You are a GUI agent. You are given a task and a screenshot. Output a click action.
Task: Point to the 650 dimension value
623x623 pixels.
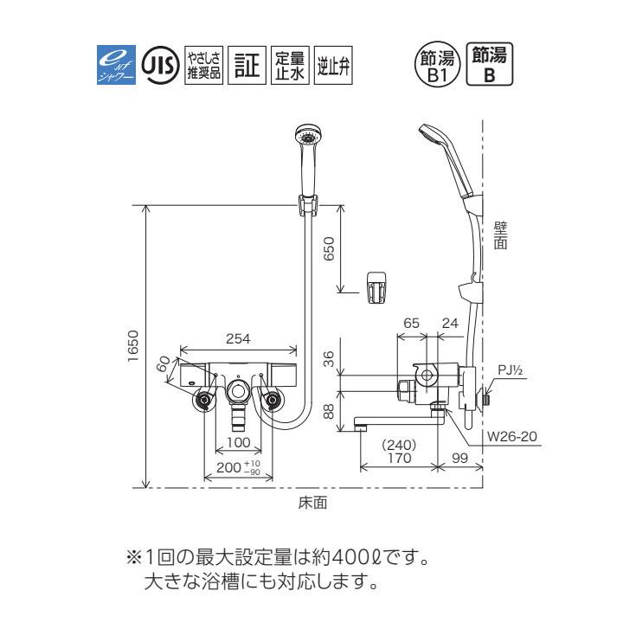click(x=329, y=250)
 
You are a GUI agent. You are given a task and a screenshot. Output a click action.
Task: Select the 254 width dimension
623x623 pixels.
click(x=238, y=339)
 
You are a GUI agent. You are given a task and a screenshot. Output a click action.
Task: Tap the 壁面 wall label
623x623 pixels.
click(x=500, y=234)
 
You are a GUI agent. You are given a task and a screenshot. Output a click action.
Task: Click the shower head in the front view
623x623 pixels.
click(x=308, y=138)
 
